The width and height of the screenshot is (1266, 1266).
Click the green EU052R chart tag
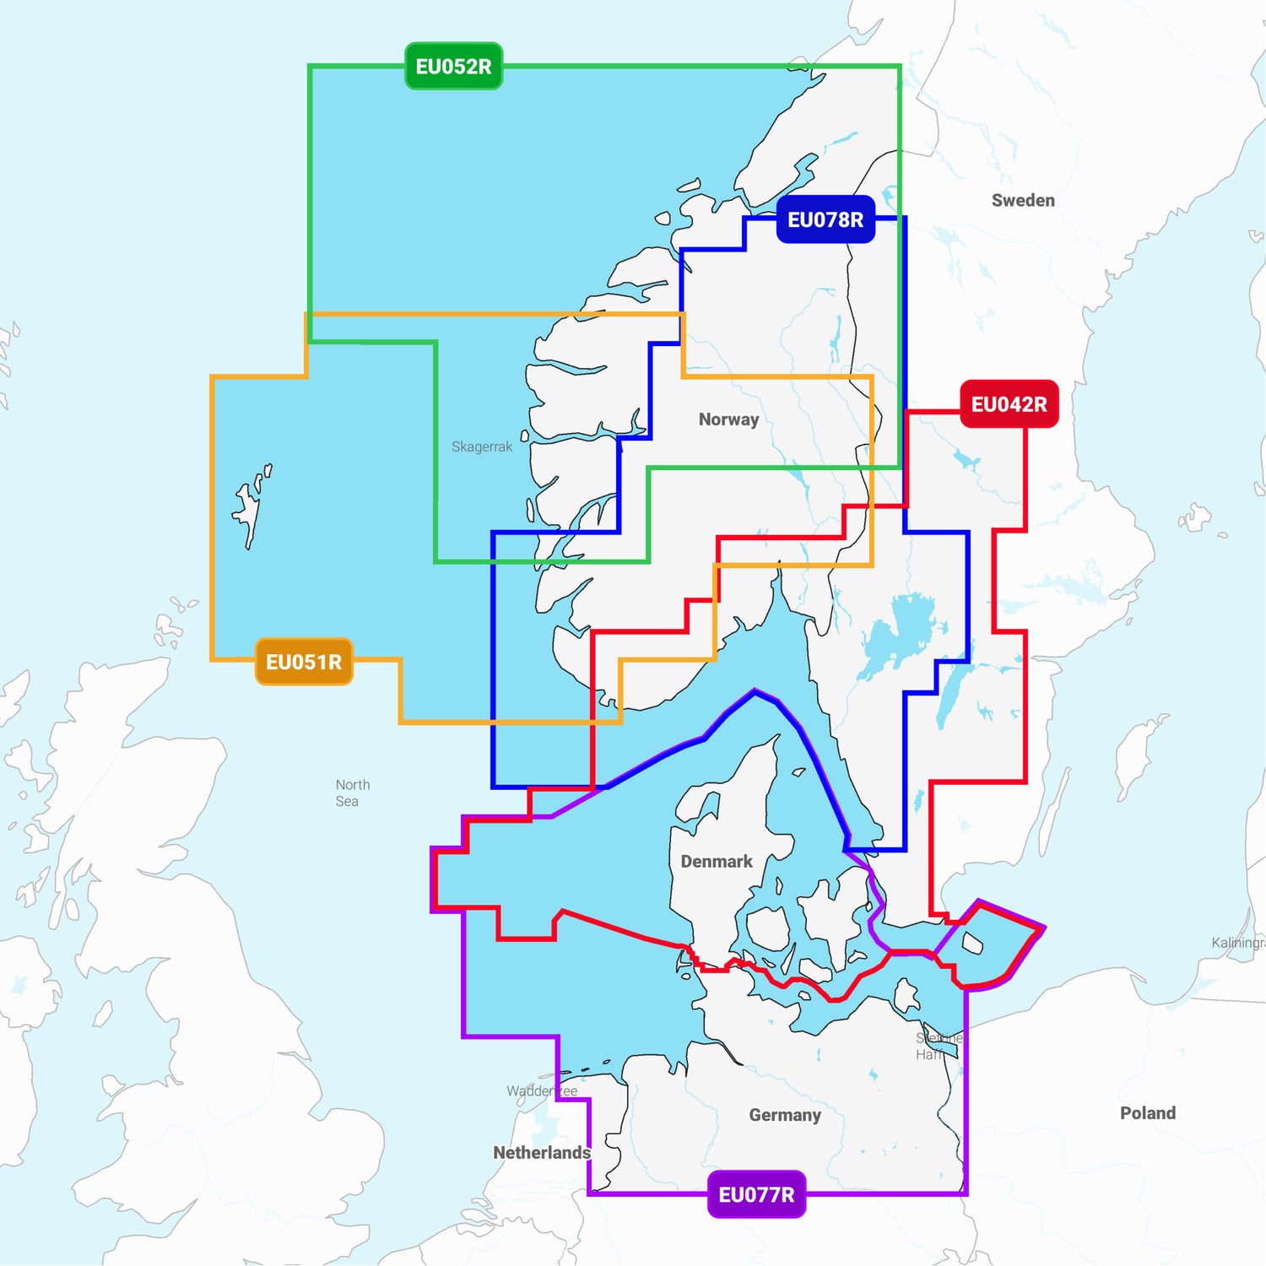click(x=453, y=67)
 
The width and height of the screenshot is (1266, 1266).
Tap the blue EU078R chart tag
click(x=825, y=219)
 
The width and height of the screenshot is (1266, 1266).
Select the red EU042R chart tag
click(x=1009, y=404)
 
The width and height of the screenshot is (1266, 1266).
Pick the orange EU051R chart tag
click(x=304, y=662)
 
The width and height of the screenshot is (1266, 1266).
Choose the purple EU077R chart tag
click(x=756, y=1194)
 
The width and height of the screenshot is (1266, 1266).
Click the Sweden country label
click(x=1023, y=200)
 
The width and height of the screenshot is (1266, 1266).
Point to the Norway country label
click(x=728, y=419)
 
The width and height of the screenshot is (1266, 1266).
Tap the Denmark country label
click(x=717, y=862)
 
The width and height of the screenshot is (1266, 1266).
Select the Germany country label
click(x=785, y=1115)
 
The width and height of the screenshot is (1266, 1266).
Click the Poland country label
click(x=1148, y=1113)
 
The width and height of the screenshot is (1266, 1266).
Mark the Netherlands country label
click(x=542, y=1153)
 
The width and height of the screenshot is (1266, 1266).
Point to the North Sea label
click(x=352, y=793)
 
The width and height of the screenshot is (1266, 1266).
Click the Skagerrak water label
click(x=482, y=446)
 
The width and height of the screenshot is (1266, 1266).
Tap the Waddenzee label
click(x=542, y=1091)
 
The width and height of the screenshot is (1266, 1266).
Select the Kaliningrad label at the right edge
click(x=1238, y=943)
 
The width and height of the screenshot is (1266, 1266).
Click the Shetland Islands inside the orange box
click(x=250, y=506)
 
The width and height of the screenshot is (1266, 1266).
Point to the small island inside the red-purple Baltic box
click(x=972, y=944)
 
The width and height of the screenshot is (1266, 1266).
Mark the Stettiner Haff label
click(x=937, y=1047)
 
